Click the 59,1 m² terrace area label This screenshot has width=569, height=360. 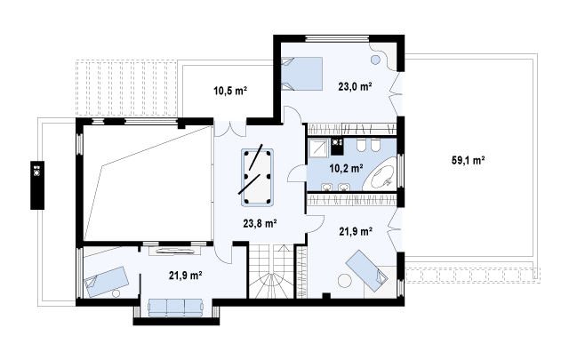[469, 160]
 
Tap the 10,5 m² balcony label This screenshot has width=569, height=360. [230, 91]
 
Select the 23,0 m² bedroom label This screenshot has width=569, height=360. [355, 87]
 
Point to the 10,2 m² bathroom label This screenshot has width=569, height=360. [346, 168]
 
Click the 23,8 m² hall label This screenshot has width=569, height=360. [260, 223]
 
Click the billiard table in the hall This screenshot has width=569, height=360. [257, 177]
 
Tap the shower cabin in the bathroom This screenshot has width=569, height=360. [318, 148]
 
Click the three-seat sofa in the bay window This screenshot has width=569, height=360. [176, 308]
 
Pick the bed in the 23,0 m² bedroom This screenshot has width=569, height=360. [302, 74]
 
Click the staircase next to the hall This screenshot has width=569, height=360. [271, 271]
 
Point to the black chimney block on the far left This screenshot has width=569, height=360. [37, 185]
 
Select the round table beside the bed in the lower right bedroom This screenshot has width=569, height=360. [345, 281]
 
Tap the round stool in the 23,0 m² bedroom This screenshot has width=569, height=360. [376, 60]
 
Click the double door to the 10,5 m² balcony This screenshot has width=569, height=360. [230, 129]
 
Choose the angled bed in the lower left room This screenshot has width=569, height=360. [106, 282]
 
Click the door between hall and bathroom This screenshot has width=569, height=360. [298, 173]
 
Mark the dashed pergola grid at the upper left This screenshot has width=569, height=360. [126, 87]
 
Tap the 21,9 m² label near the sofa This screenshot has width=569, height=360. [186, 276]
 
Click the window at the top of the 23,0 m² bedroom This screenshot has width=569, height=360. [338, 39]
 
